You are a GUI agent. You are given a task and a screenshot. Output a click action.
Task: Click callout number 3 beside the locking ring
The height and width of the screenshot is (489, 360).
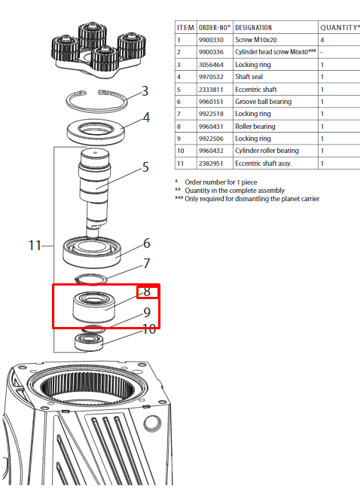pyautogui.click(x=145, y=91)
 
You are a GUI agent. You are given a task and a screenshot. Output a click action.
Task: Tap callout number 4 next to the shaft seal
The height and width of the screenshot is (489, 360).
pyautogui.click(x=146, y=118)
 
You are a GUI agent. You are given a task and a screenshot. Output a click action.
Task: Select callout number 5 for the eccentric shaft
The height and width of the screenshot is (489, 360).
pyautogui.click(x=145, y=167)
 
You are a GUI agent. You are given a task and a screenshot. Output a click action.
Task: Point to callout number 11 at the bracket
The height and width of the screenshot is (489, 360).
pyautogui.click(x=35, y=246)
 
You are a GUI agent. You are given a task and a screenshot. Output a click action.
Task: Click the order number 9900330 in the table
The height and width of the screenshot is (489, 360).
pyautogui.click(x=211, y=40)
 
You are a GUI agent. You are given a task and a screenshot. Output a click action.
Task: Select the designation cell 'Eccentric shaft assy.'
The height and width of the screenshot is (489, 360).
pyautogui.click(x=264, y=163)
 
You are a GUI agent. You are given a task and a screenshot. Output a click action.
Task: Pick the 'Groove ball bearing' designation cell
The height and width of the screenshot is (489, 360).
pyautogui.click(x=264, y=102)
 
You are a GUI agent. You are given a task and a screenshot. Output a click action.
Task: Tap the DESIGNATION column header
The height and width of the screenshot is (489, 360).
pyautogui.click(x=253, y=27)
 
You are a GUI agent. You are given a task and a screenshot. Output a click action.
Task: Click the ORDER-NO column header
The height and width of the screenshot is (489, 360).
pyautogui.click(x=215, y=27)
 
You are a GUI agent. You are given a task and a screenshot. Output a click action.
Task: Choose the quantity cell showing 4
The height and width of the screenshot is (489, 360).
pyautogui.click(x=322, y=40)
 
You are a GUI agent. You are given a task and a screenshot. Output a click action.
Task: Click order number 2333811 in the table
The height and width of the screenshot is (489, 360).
pyautogui.click(x=211, y=90)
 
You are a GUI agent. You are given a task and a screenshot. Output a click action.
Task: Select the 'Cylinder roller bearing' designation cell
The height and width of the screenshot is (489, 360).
pyautogui.click(x=267, y=151)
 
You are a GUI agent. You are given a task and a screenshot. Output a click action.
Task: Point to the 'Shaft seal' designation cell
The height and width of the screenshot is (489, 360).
pyautogui.click(x=249, y=77)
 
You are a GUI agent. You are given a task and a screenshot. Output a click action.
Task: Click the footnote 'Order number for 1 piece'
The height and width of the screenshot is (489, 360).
pyautogui.click(x=221, y=182)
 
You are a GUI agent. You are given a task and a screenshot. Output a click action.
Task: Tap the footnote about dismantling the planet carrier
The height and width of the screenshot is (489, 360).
pyautogui.click(x=252, y=199)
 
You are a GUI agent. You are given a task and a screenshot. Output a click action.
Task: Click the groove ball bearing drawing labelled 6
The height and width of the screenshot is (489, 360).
pyautogui.click(x=92, y=252)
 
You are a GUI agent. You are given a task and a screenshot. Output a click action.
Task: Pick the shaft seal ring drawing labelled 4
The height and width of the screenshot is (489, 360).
pyautogui.click(x=96, y=132)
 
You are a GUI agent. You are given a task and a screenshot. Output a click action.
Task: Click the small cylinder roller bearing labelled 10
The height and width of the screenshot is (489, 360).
pyautogui.click(x=89, y=342)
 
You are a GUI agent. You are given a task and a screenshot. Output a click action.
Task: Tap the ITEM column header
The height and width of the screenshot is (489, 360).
pyautogui.click(x=185, y=27)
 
